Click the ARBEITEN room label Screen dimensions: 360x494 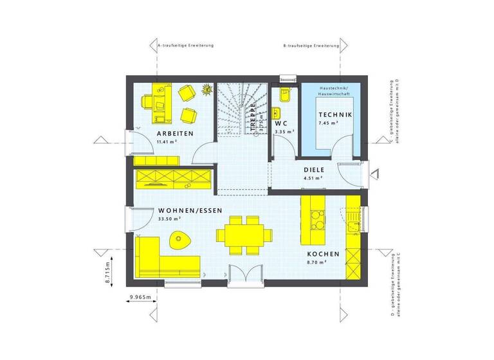pos(175,134)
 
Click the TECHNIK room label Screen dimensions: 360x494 pos(335,115)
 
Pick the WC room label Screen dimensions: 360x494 pos(281,123)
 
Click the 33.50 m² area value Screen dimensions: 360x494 pos(169,219)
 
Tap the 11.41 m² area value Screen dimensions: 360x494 pos(167,141)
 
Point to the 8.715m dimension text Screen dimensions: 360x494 pos(109,267)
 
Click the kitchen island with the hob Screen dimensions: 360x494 pos(314,222)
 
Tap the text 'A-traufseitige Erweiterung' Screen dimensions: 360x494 pos(185,46)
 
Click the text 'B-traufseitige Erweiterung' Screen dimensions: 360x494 pos(312,46)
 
